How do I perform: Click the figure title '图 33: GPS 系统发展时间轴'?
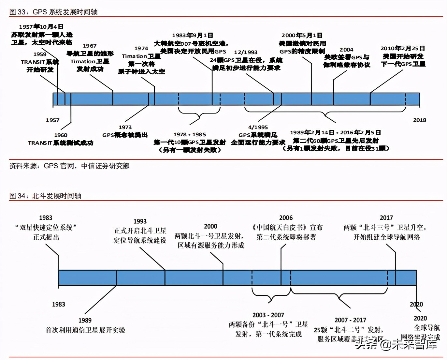pyautogui.click(x=53, y=12)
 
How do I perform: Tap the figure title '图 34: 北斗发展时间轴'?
pyautogui.click(x=45, y=196)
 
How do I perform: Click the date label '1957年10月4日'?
pyautogui.click(x=41, y=27)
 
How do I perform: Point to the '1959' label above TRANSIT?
pyautogui.click(x=40, y=54)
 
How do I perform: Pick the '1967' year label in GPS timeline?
pyautogui.click(x=90, y=46)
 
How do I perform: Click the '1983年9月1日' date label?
pyautogui.click(x=193, y=35)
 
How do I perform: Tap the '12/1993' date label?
pyautogui.click(x=246, y=52)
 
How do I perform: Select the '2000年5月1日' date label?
pyautogui.click(x=302, y=35)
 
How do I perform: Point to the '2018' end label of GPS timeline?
pyautogui.click(x=420, y=120)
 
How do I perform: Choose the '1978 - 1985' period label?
pyautogui.click(x=190, y=134)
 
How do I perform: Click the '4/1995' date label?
pyautogui.click(x=258, y=127)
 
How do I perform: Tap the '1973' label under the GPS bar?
pyautogui.click(x=125, y=127)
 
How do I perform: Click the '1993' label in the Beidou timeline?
pyautogui.click(x=140, y=221)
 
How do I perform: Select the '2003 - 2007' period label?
pyautogui.click(x=268, y=315)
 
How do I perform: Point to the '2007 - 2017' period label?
pyautogui.click(x=350, y=320)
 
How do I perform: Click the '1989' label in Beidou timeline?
pyautogui.click(x=85, y=321)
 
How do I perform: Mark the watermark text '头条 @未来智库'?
pyautogui.click(x=396, y=344)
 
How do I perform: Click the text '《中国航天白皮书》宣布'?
pyautogui.click(x=287, y=227)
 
